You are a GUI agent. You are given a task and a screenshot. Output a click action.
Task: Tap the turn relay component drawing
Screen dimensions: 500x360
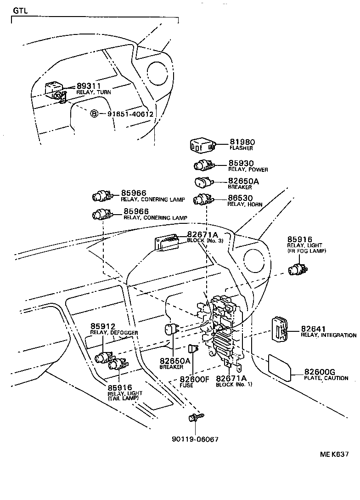tap(54, 91)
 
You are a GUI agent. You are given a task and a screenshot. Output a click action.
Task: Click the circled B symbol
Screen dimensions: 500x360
tap(94, 114)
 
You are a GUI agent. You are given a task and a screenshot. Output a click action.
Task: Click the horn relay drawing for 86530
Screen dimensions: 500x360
tap(202, 200)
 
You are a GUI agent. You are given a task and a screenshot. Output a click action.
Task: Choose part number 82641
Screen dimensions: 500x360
tap(313, 329)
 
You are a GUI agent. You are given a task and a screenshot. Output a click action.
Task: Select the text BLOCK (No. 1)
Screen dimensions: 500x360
tap(234, 384)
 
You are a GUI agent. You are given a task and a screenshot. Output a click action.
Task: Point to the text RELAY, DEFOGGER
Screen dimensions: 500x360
tap(114, 333)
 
